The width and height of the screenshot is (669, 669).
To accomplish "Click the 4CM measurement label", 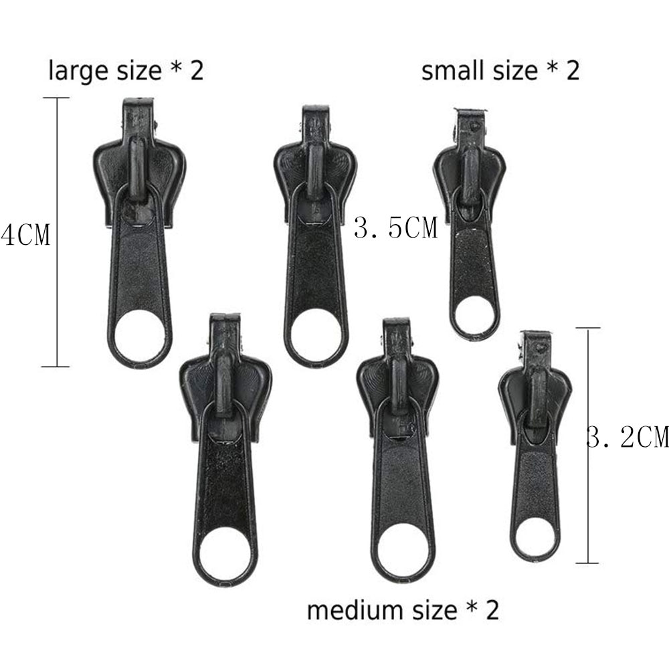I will coord(25,235).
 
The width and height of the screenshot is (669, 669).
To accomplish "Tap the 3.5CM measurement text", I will coord(395,228).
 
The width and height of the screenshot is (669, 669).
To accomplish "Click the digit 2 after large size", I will coord(196,71).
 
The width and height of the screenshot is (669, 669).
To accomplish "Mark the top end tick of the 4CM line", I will coord(56,98).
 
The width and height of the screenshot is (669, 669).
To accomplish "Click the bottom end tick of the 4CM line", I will coord(56,366).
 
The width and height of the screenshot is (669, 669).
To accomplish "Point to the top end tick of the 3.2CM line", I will coord(587,328).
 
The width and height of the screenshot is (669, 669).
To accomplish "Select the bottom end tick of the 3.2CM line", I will coord(587,563).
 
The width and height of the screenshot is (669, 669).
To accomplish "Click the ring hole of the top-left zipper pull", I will coord(142,335).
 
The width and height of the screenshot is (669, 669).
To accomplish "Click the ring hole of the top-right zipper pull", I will coord(474,314).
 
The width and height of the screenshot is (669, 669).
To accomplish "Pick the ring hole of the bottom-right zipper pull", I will coord(535,535).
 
